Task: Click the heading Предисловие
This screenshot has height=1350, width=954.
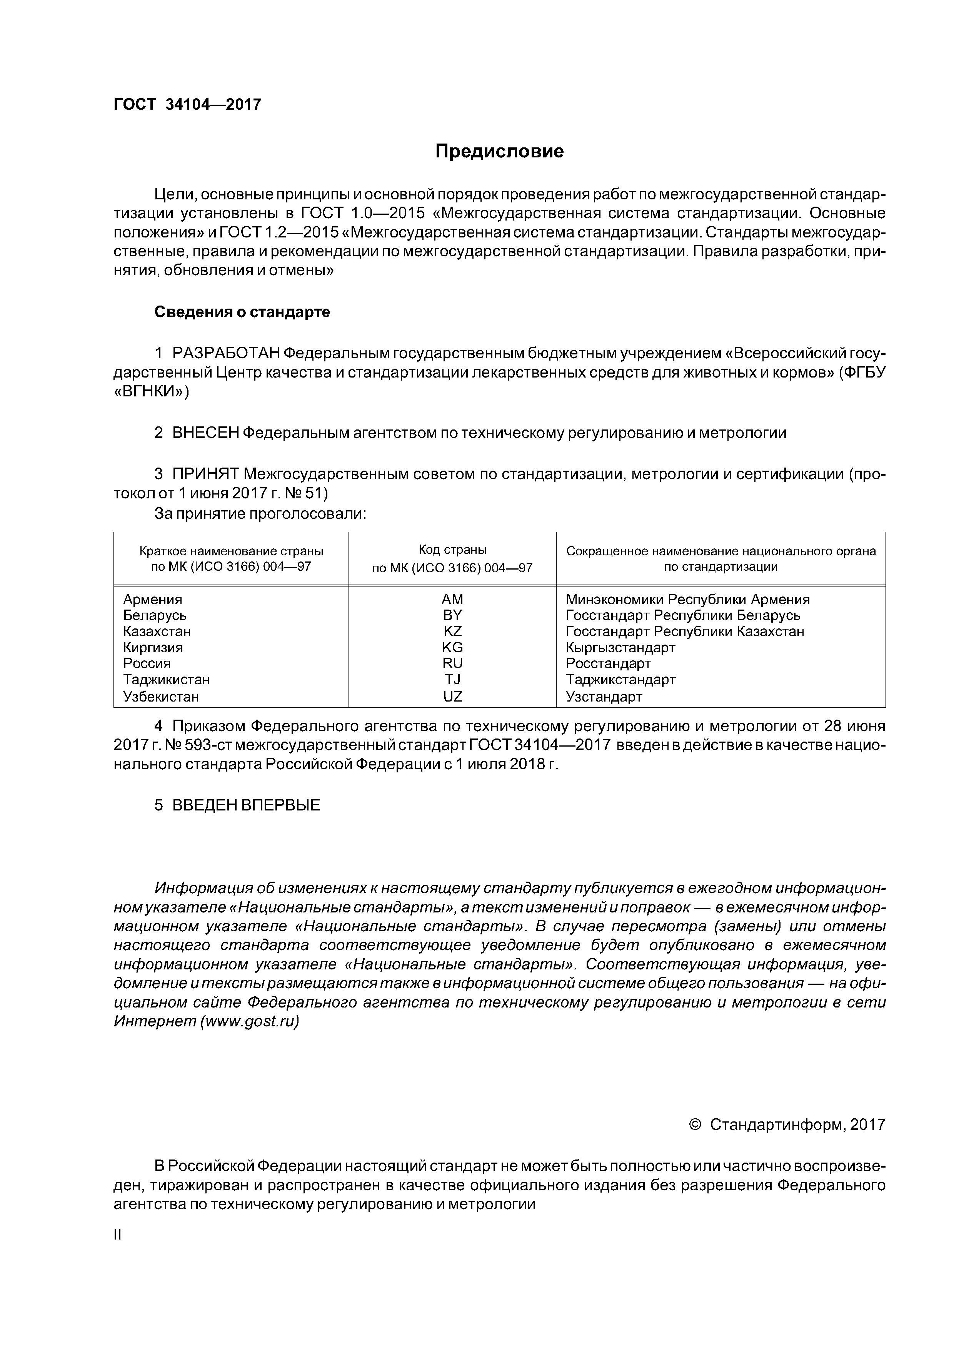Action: [x=499, y=152]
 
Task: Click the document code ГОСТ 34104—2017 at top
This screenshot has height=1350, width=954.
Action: [x=187, y=105]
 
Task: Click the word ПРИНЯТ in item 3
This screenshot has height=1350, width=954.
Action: [x=205, y=474]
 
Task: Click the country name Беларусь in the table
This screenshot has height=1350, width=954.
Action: [x=155, y=615]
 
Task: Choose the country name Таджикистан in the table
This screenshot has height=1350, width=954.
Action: [x=166, y=680]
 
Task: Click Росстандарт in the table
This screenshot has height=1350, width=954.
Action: [x=609, y=663]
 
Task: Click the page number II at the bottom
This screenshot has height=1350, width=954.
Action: [x=117, y=1235]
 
